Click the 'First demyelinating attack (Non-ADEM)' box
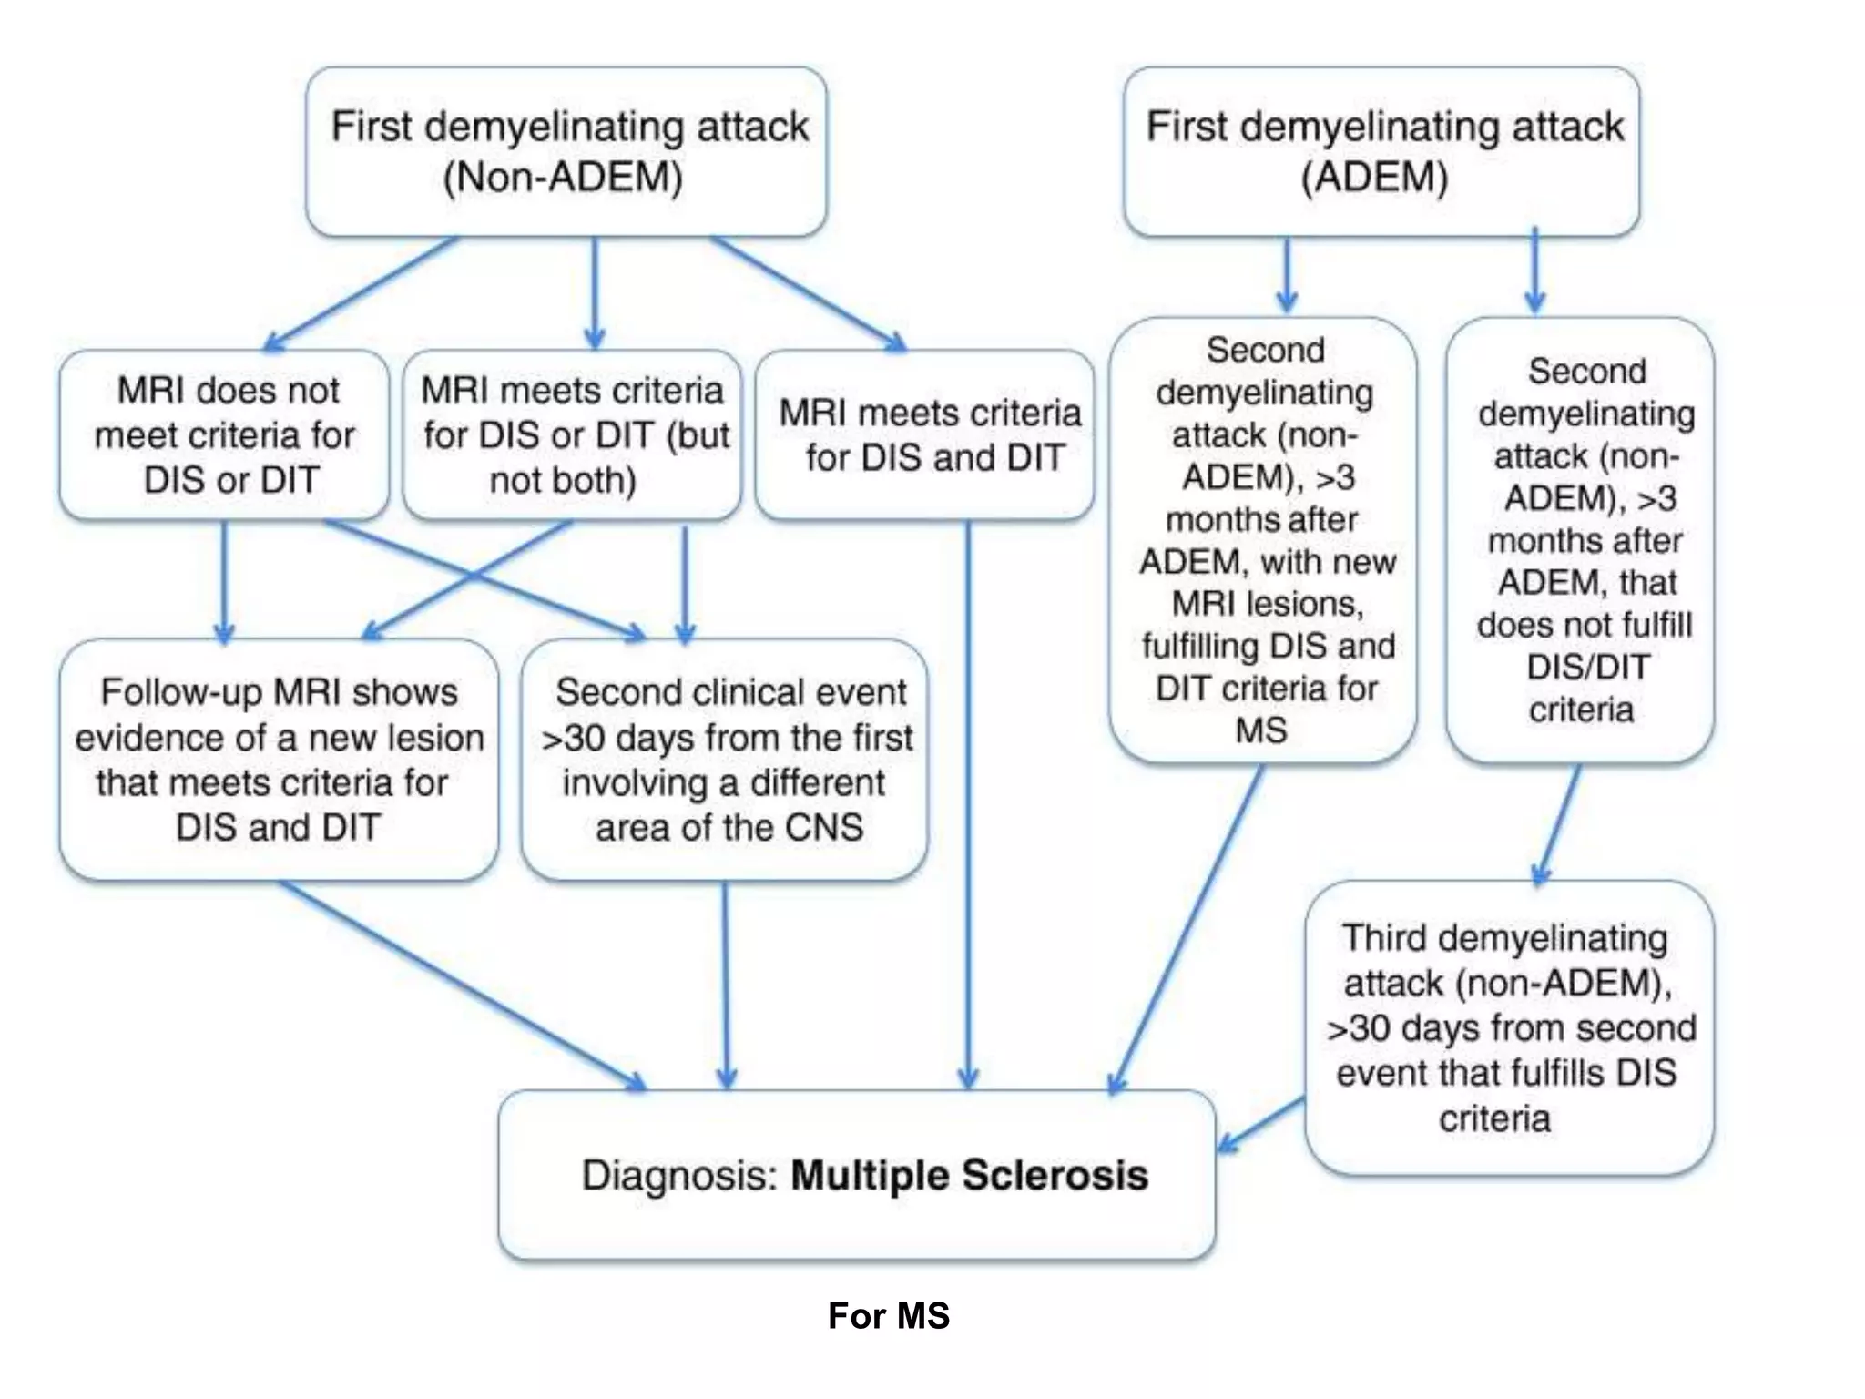[x=566, y=151]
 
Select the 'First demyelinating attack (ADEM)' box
[x=1381, y=151]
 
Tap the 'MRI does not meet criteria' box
[x=224, y=435]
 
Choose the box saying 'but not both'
[x=572, y=435]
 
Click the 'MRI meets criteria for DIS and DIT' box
[x=924, y=435]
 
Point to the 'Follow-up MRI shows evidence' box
[x=279, y=759]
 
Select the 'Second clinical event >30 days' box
[x=725, y=759]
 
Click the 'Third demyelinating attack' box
[x=1509, y=1027]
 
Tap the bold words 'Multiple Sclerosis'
[x=969, y=1175]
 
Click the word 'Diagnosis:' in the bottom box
[x=679, y=1175]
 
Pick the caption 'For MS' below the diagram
[x=889, y=1316]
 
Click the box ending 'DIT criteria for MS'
[x=1264, y=539]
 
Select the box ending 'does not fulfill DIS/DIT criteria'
[x=1581, y=539]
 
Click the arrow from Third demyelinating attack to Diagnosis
[x=1261, y=1125]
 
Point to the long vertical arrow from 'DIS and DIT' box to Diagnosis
[x=968, y=802]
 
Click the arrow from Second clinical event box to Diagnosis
[x=726, y=984]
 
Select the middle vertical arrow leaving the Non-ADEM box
[x=595, y=291]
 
